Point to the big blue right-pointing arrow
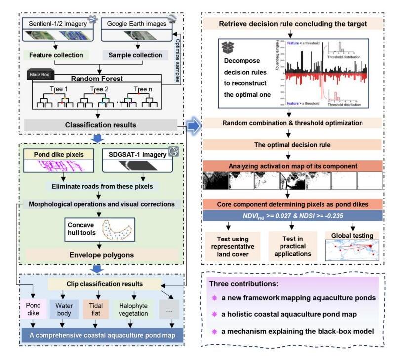tap(194, 126)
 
